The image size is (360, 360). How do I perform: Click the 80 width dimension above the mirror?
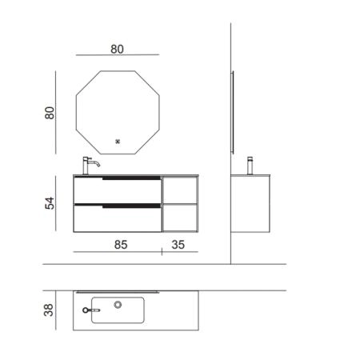point(117,50)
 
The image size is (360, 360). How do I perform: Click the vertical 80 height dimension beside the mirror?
point(50,113)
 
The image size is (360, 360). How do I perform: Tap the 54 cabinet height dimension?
point(50,203)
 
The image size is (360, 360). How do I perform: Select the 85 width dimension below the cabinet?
point(121,245)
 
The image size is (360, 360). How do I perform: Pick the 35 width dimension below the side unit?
point(178,245)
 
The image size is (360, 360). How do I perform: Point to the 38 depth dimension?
point(49,310)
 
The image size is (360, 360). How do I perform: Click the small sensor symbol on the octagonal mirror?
point(118,142)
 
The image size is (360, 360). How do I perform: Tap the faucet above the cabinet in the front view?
point(90,166)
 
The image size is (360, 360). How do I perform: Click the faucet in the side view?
point(250,166)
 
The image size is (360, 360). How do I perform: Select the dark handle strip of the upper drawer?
point(131,178)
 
